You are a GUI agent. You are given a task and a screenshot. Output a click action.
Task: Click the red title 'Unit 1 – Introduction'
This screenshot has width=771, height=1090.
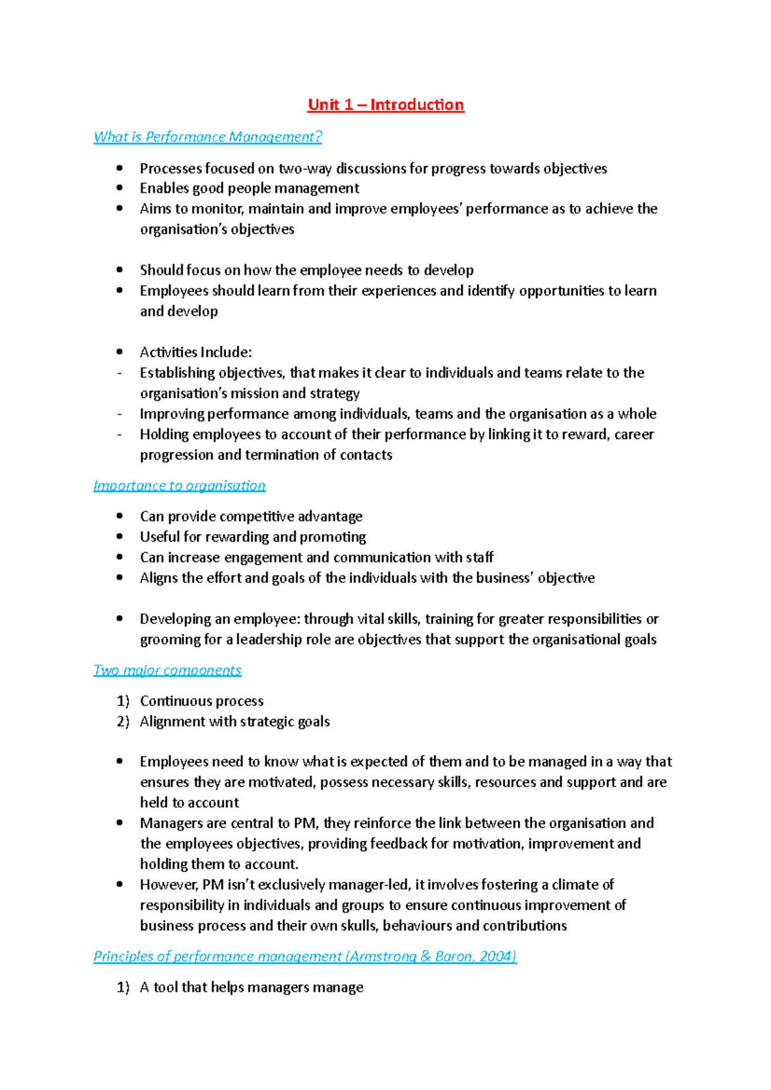tap(385, 105)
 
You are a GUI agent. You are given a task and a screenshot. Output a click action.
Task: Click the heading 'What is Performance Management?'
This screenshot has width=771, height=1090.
tap(208, 137)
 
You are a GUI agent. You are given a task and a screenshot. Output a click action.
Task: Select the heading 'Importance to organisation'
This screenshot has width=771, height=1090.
tap(179, 485)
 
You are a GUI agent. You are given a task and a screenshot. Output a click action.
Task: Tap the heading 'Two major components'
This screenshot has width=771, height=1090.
tap(167, 670)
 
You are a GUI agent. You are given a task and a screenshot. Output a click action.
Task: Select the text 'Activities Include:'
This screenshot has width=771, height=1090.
tap(196, 352)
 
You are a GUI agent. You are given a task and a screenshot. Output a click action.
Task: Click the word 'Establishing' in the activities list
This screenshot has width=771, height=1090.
tap(177, 372)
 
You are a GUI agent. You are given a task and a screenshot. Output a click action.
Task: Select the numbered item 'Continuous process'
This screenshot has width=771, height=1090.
tap(202, 701)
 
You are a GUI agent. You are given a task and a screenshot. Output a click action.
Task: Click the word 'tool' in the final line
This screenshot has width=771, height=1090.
tap(165, 987)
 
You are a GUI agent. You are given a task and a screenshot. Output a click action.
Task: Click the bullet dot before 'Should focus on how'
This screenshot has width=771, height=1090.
tap(120, 270)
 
